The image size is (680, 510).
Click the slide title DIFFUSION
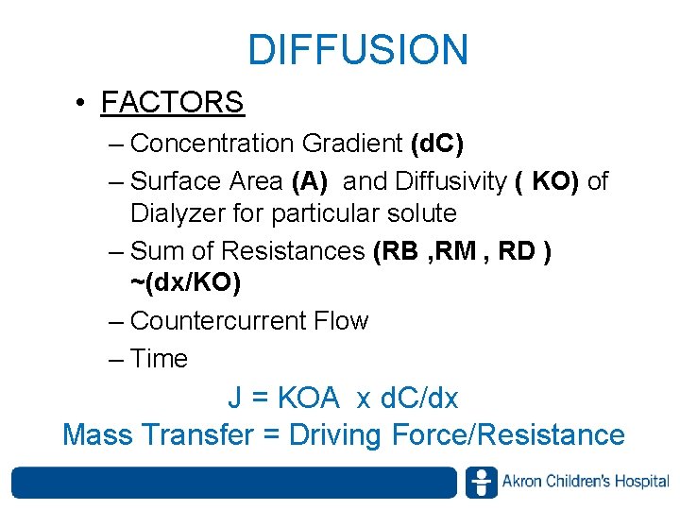click(x=358, y=50)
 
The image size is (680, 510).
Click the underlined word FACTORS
click(x=172, y=101)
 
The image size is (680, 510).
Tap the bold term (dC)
click(x=437, y=144)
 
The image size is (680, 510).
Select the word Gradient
click(x=352, y=144)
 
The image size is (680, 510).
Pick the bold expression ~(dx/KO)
click(x=185, y=282)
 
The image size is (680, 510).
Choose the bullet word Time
click(x=160, y=359)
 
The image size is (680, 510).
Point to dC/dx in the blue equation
click(x=418, y=399)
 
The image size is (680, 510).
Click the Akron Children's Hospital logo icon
click(x=481, y=482)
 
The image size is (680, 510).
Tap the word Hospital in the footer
click(x=641, y=482)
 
